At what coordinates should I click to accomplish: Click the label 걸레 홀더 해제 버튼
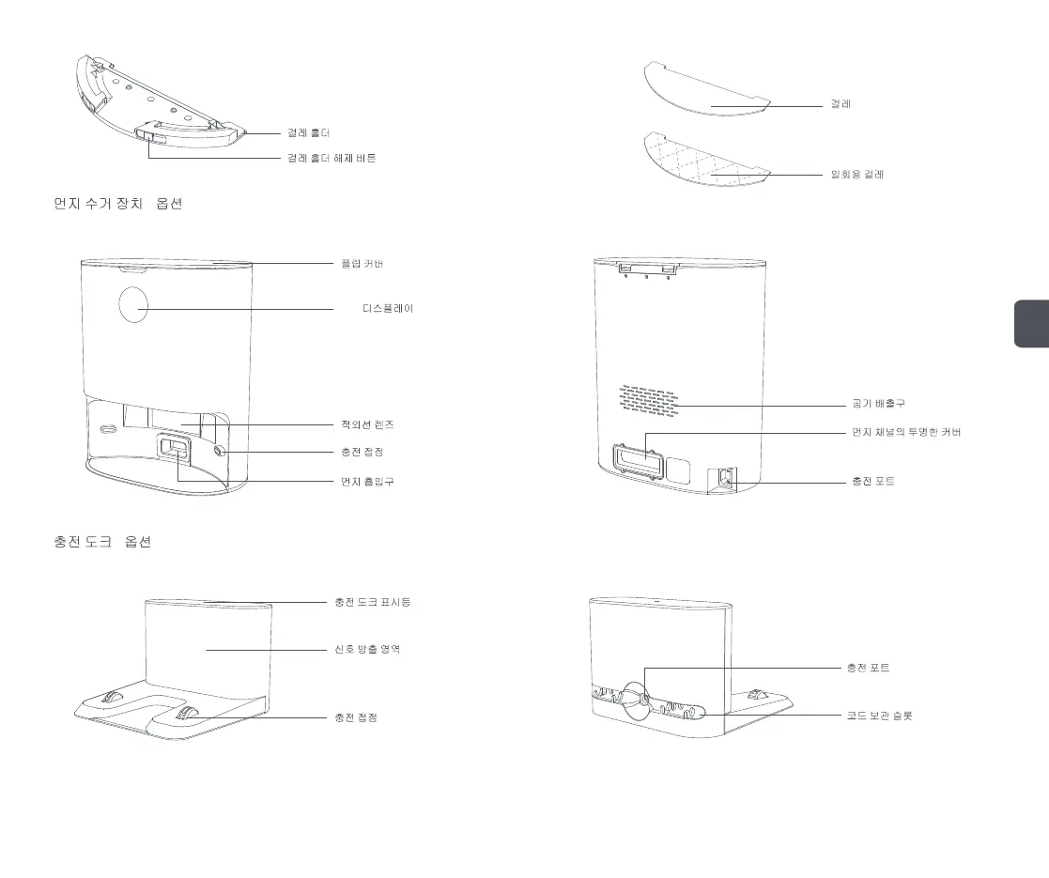pos(332,159)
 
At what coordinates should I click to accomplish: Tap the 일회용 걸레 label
pos(857,175)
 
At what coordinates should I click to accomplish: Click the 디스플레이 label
pos(387,309)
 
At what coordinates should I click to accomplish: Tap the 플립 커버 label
pos(361,264)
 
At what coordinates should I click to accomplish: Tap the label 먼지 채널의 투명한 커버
pos(905,432)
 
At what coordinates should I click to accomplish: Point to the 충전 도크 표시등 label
pos(372,602)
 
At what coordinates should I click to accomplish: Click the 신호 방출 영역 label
pos(367,649)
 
